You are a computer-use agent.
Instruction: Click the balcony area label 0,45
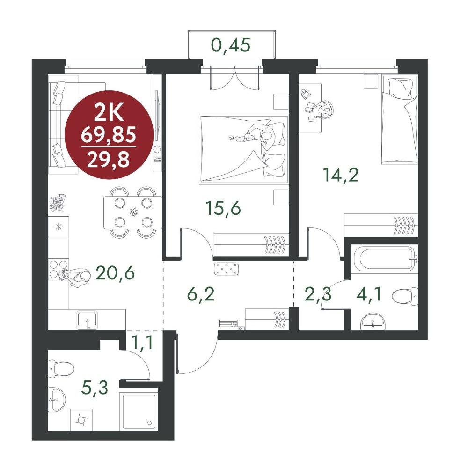click(x=231, y=45)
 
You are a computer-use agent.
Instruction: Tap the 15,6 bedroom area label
click(x=223, y=208)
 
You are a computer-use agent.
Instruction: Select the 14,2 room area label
click(x=341, y=175)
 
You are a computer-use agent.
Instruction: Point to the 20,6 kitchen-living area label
click(x=115, y=273)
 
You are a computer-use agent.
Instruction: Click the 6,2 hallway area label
click(x=201, y=294)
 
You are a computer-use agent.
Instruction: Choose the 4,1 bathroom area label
click(x=369, y=295)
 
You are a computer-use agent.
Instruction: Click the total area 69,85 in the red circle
click(x=109, y=134)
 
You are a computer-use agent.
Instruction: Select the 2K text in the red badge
click(x=109, y=113)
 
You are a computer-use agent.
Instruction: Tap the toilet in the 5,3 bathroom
click(x=61, y=369)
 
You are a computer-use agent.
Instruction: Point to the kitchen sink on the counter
click(x=87, y=320)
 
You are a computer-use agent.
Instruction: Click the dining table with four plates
click(x=133, y=212)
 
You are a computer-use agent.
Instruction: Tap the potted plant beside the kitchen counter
click(x=58, y=203)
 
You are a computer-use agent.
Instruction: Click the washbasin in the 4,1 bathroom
click(x=373, y=322)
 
